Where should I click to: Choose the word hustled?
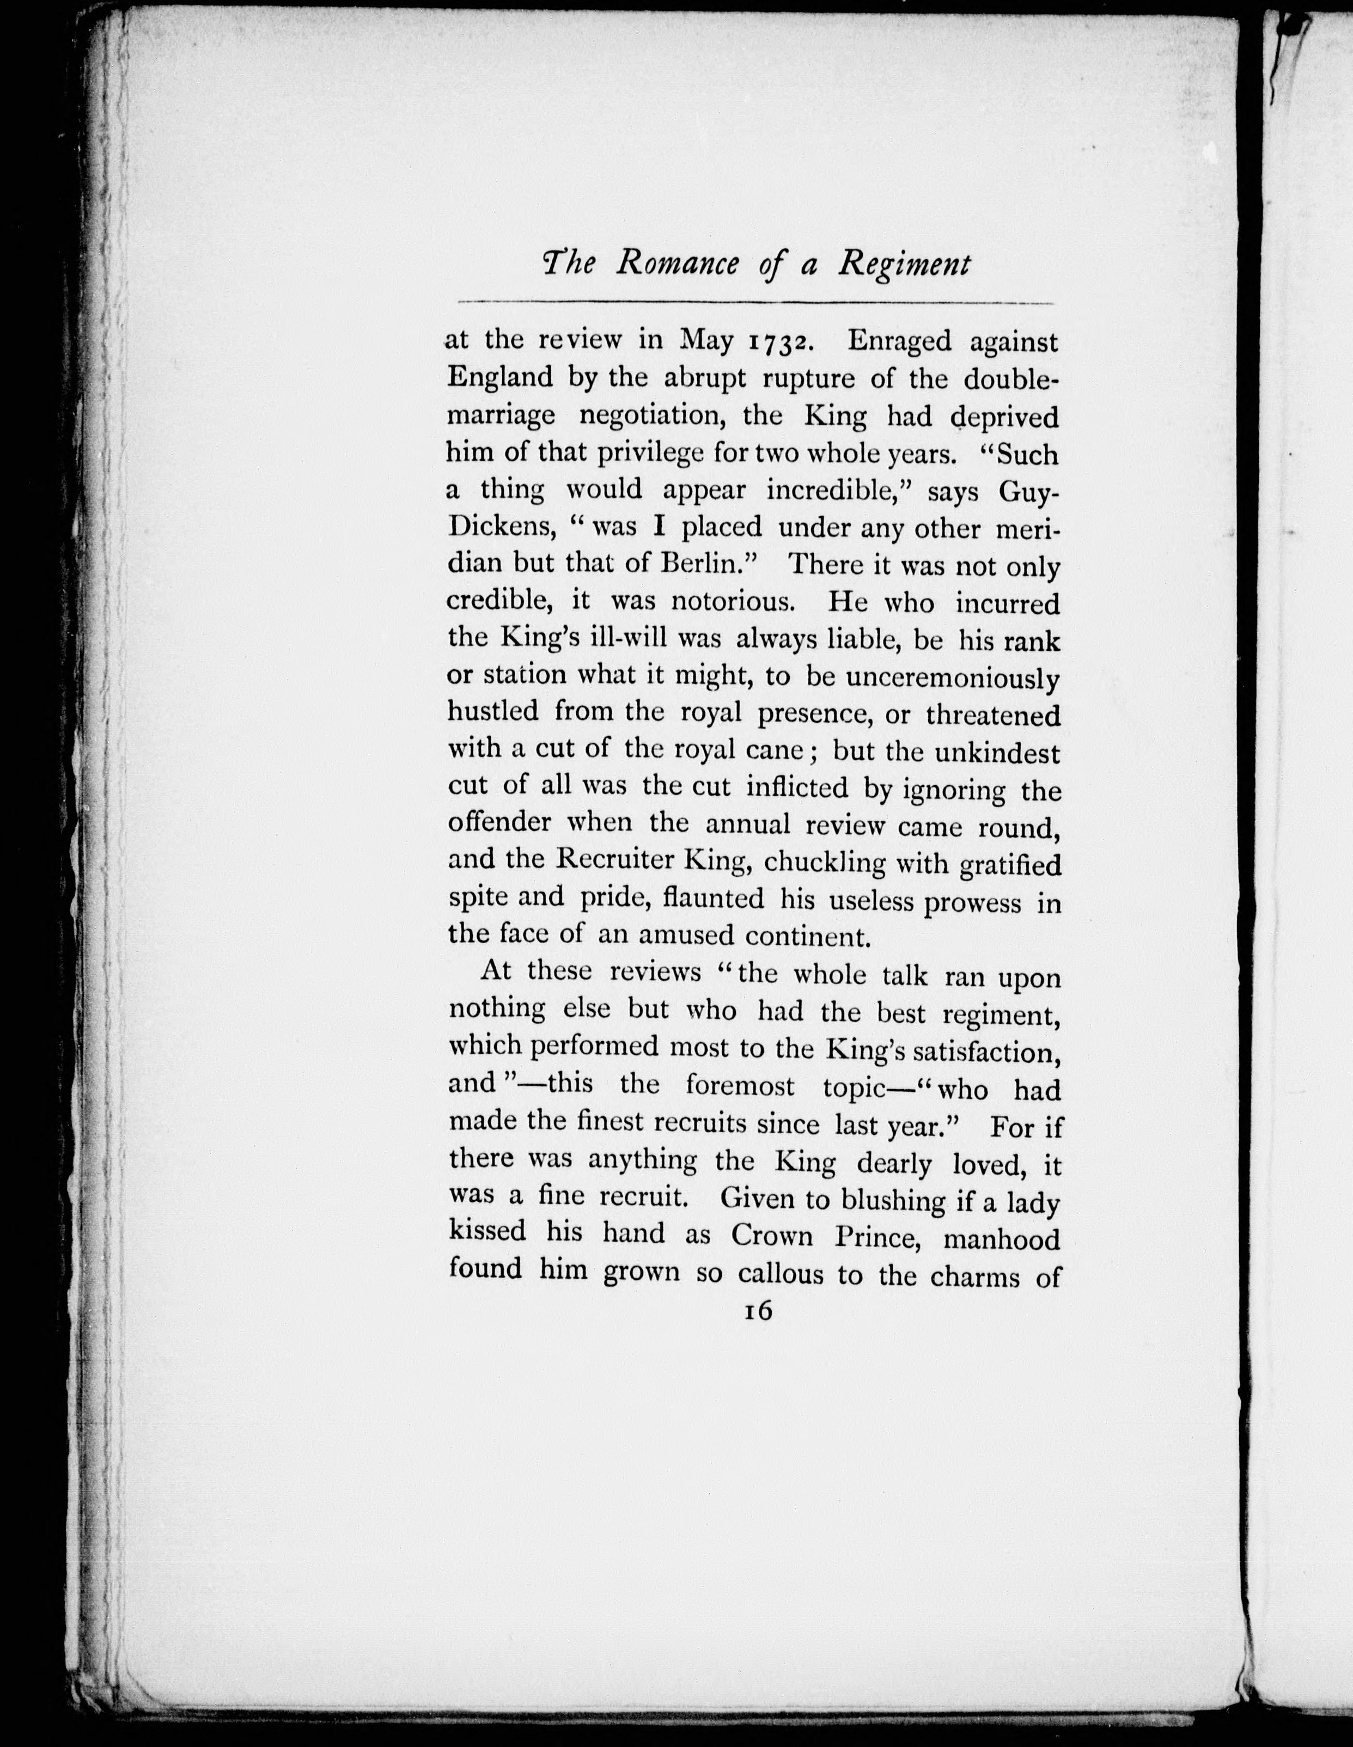tap(491, 712)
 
